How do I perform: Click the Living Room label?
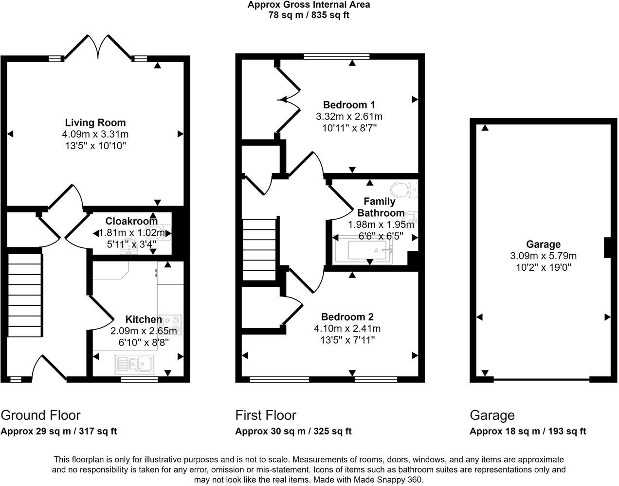95,122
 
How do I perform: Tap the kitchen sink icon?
133,363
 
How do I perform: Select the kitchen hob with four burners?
171,325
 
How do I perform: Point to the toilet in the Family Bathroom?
404,189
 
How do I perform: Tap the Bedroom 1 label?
349,104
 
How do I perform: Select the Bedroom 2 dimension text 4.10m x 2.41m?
347,329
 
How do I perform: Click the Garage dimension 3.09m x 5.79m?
543,256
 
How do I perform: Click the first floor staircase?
259,250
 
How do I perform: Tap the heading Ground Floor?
40,415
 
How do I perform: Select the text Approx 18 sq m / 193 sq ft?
528,431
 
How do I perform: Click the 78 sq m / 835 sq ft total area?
309,15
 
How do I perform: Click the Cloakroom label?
131,221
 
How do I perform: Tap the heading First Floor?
265,415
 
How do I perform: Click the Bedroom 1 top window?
336,56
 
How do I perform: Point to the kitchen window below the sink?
139,379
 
